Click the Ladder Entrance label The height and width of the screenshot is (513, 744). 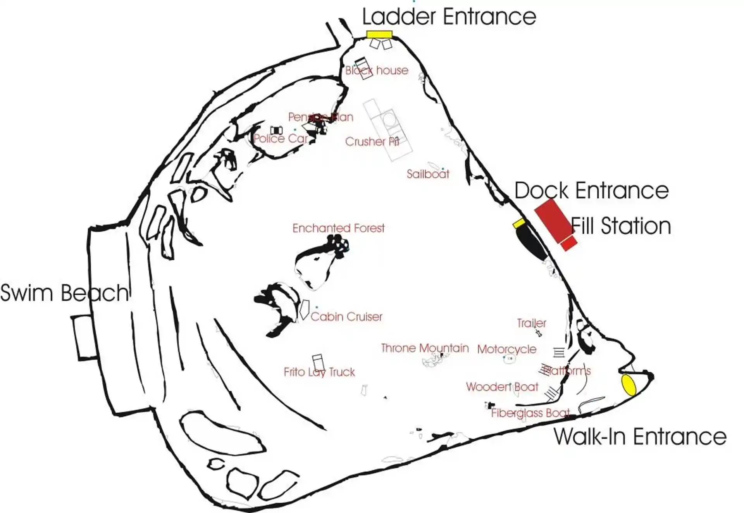tap(449, 17)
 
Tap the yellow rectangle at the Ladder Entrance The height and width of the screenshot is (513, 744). tap(379, 34)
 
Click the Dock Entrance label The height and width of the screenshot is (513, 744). tap(591, 191)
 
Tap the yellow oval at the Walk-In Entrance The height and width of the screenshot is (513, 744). tap(629, 385)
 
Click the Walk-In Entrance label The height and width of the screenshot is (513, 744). tap(640, 437)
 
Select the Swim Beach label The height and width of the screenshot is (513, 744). tap(64, 293)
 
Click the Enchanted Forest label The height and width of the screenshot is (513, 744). tap(338, 228)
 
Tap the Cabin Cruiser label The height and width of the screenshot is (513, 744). tap(346, 317)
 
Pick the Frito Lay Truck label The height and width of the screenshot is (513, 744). tap(319, 372)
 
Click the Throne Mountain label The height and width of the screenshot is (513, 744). tap(425, 348)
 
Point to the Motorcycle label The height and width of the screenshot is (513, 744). tap(507, 349)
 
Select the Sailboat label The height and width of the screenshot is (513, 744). tap(428, 174)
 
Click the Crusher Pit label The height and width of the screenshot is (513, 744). tap(372, 142)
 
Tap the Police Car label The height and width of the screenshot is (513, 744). tap(281, 139)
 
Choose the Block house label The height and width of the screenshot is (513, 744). tap(377, 71)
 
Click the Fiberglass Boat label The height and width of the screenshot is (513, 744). tap(530, 413)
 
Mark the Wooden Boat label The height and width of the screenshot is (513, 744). tap(502, 387)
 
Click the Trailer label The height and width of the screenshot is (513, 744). tap(532, 323)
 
